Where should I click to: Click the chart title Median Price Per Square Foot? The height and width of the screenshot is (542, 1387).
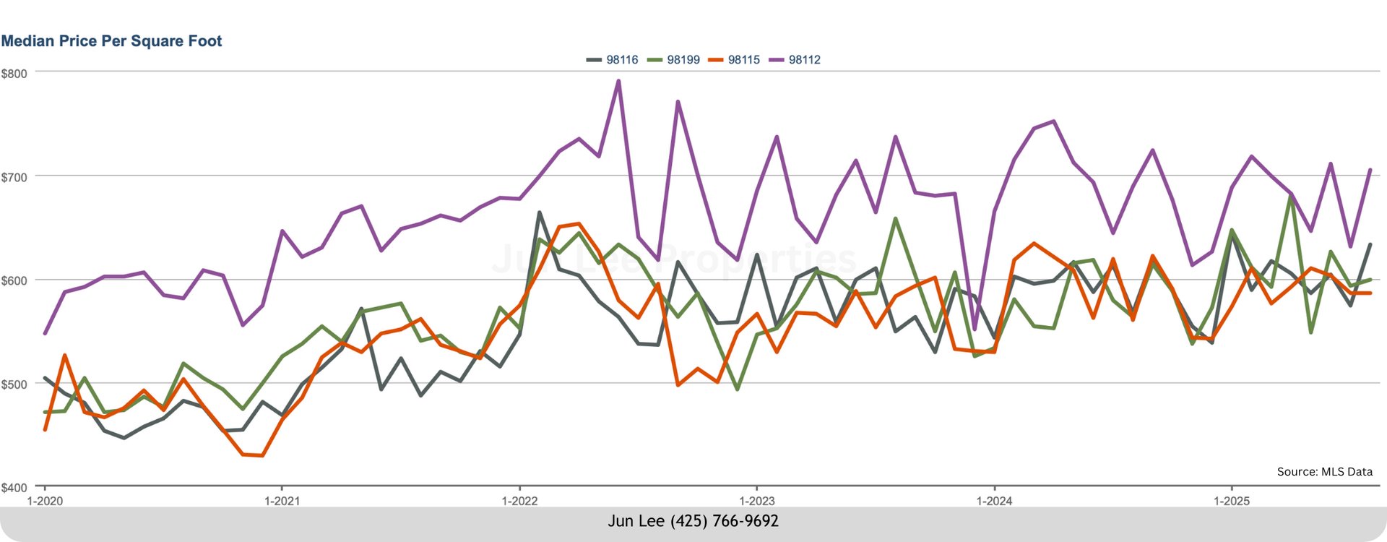pyautogui.click(x=111, y=41)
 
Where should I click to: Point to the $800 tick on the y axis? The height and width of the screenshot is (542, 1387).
pyautogui.click(x=14, y=74)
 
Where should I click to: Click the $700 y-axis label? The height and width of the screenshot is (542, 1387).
pyautogui.click(x=14, y=177)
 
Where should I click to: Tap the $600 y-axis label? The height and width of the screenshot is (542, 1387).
pyautogui.click(x=14, y=280)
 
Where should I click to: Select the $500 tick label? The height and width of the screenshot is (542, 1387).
pyautogui.click(x=14, y=384)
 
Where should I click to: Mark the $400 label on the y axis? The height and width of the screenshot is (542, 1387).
pyautogui.click(x=14, y=488)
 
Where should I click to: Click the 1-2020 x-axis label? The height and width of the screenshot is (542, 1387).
pyautogui.click(x=45, y=501)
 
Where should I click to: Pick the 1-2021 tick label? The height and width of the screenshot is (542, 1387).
pyautogui.click(x=282, y=501)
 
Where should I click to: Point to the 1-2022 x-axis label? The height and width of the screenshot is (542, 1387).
pyautogui.click(x=519, y=501)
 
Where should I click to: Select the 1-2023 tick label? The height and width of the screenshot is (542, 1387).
pyautogui.click(x=756, y=501)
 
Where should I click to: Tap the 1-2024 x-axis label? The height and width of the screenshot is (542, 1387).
pyautogui.click(x=994, y=501)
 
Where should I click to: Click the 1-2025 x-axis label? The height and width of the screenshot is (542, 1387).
pyautogui.click(x=1231, y=501)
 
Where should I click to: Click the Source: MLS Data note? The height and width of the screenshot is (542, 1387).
pyautogui.click(x=1324, y=472)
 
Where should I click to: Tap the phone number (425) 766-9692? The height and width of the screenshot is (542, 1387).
pyautogui.click(x=725, y=521)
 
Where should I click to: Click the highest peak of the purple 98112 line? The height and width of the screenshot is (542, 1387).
pyautogui.click(x=618, y=81)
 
